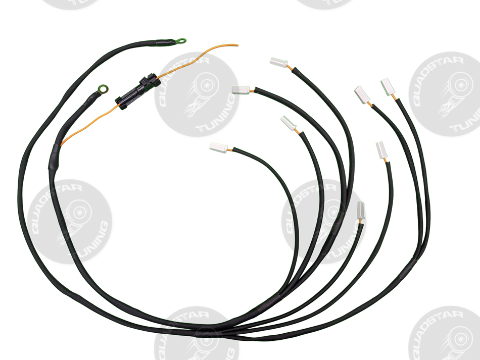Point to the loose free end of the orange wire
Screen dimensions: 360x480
coord(237,44)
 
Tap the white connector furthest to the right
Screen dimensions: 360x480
coord(387,86)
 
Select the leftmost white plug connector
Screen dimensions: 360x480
coord(219,147)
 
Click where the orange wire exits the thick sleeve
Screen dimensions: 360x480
coord(62,145)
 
